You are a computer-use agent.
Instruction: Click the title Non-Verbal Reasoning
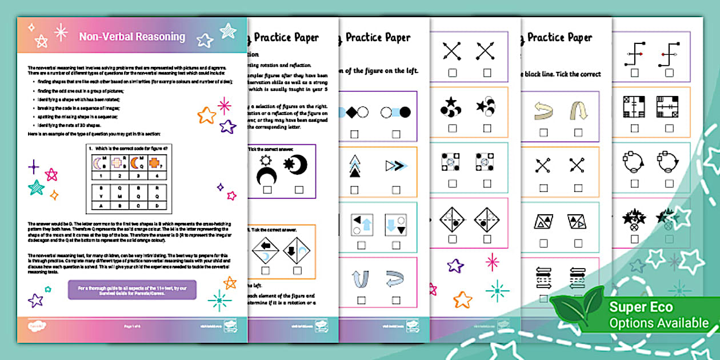[x=132, y=37]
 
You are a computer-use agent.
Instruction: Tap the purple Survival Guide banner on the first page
[x=132, y=290]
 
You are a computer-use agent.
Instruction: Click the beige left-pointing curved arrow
[x=543, y=111]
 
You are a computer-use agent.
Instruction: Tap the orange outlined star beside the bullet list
[x=206, y=116]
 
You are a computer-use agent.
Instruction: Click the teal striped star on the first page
[x=37, y=187]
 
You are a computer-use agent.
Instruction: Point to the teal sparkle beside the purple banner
[x=219, y=298]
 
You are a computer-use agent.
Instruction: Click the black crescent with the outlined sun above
[x=266, y=172]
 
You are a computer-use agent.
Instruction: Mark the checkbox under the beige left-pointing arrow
[x=543, y=133]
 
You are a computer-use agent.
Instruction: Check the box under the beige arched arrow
[x=578, y=133]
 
